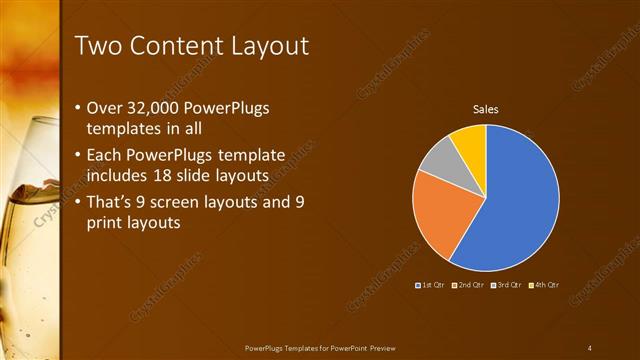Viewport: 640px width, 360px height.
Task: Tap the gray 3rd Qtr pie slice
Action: pos(440,161)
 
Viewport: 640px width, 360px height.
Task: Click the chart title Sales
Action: pos(485,109)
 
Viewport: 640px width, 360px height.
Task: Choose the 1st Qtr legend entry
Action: pos(432,285)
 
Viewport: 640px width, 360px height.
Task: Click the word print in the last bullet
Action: pos(109,223)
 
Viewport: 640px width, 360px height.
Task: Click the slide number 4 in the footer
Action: pos(590,347)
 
